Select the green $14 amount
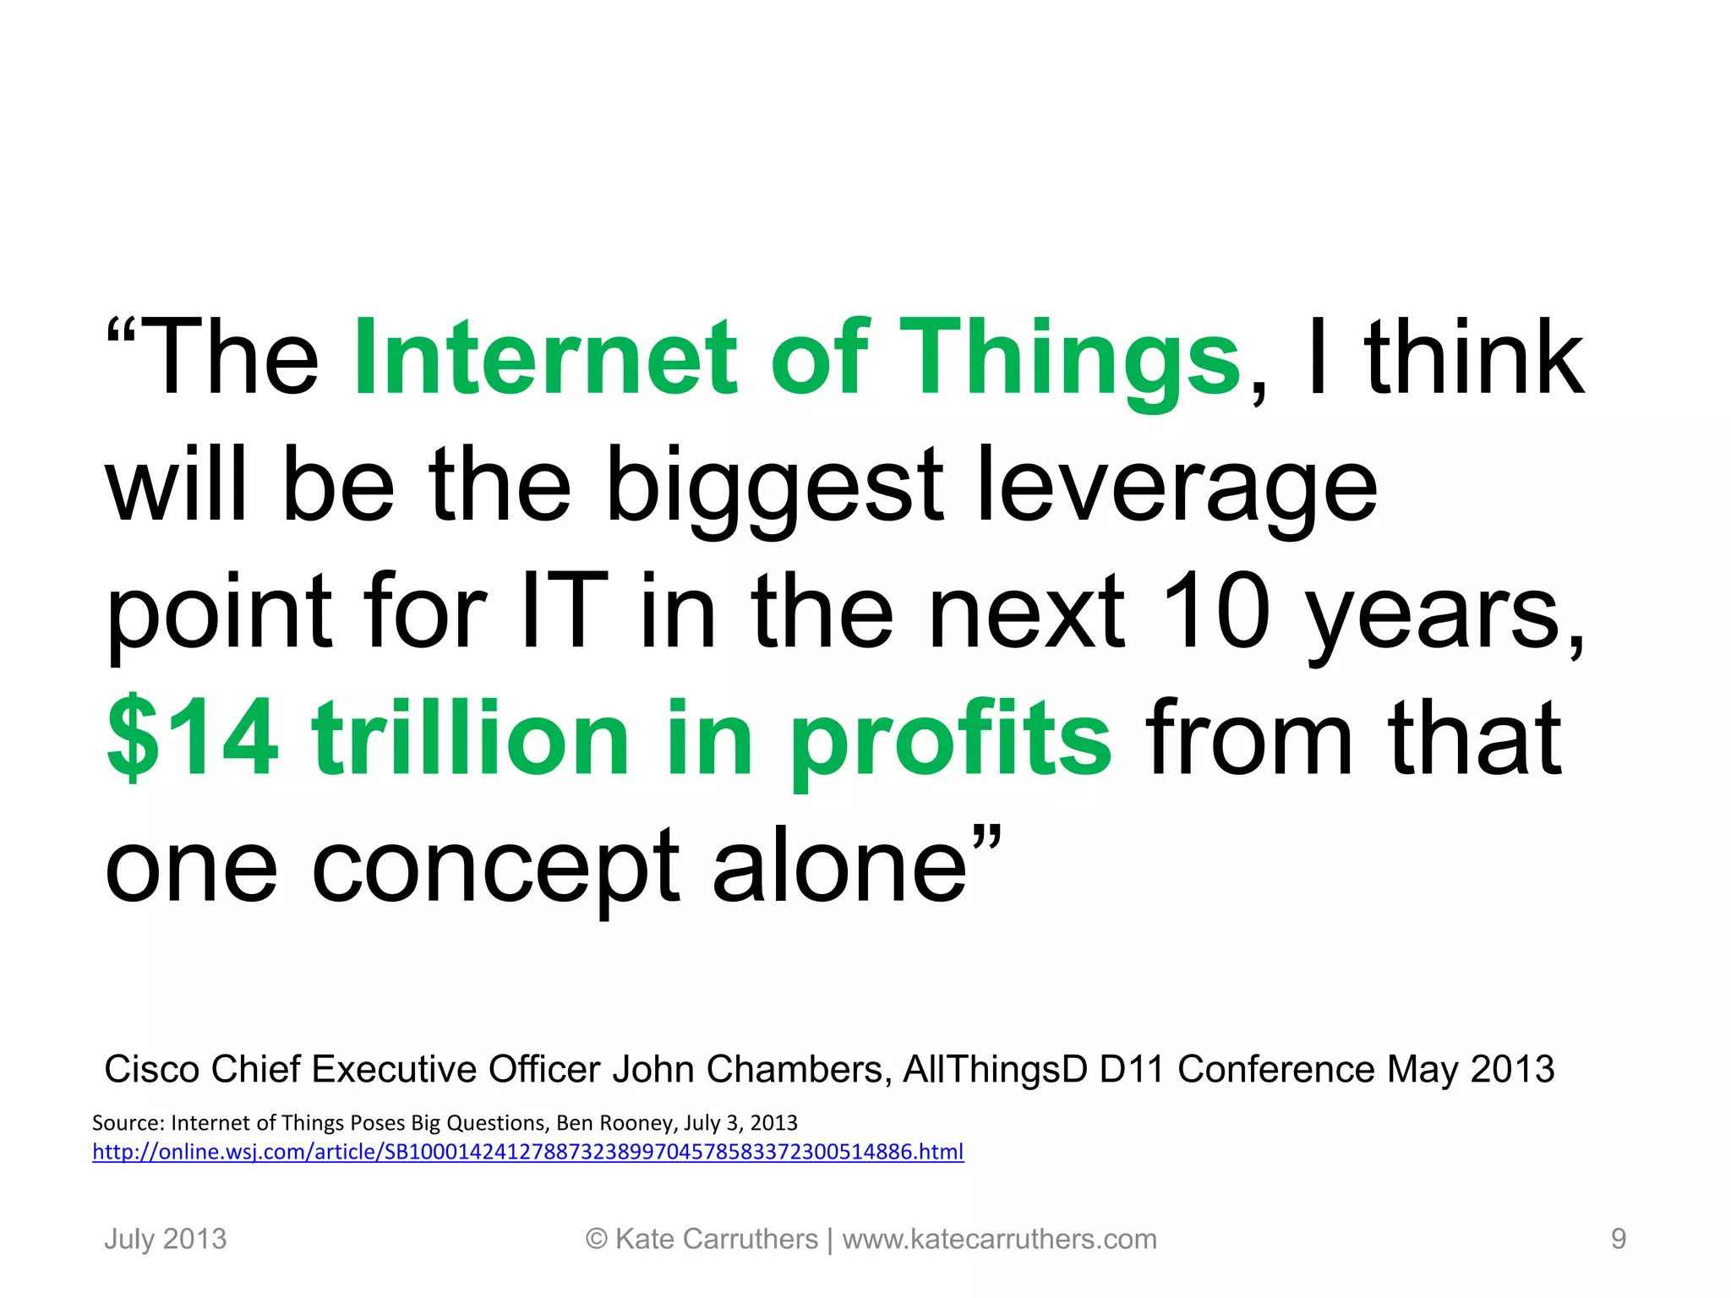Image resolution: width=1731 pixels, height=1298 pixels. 193,739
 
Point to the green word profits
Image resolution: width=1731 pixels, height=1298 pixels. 950,739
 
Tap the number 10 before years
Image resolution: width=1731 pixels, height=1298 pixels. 1216,612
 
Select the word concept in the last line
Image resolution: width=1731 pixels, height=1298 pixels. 495,866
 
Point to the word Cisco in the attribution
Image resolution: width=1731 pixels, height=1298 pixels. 151,1070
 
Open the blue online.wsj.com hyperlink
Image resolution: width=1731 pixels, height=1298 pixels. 527,1152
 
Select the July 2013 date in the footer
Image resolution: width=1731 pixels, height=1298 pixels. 166,1240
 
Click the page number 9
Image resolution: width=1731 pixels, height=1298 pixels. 1618,1240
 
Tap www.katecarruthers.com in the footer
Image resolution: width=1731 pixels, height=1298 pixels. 999,1240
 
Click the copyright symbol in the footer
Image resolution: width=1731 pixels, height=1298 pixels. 597,1240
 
